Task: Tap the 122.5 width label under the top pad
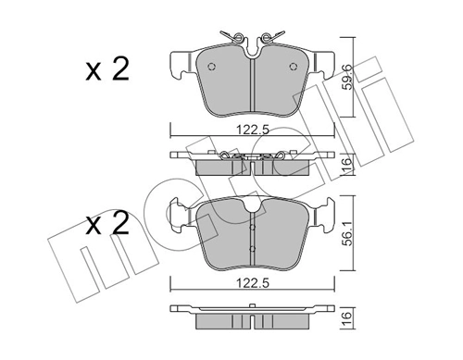252,130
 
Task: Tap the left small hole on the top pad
212,67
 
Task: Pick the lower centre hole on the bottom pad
252,248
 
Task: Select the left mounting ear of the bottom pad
176,215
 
